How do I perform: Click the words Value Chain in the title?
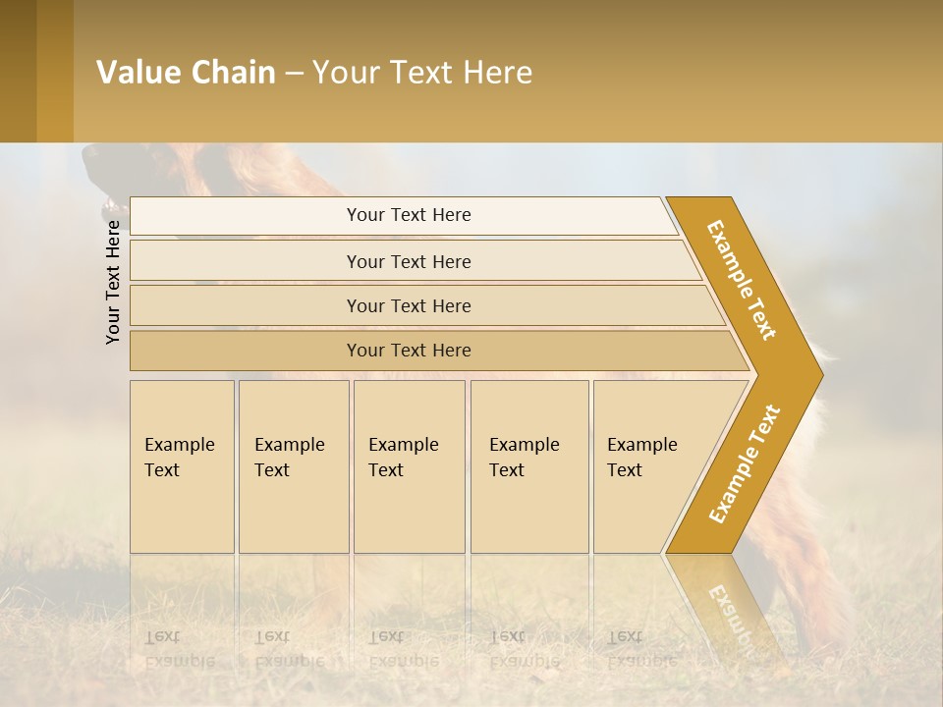pos(186,73)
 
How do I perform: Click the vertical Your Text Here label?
pos(113,282)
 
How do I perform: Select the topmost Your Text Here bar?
pos(408,215)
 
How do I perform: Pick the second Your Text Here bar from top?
pos(408,261)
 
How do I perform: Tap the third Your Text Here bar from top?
pos(408,305)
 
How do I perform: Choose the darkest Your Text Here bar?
pos(408,351)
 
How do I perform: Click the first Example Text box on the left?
pos(182,466)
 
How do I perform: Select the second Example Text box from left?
pos(294,466)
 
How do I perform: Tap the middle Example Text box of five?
pos(409,466)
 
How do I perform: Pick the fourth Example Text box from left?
pos(529,466)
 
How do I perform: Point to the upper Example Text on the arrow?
pos(742,280)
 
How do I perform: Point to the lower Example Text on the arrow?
pos(745,463)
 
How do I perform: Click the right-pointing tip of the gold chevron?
pos(815,374)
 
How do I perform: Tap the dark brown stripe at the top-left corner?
pos(18,71)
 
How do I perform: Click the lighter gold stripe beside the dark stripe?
pos(55,71)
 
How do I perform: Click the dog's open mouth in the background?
pos(109,206)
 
